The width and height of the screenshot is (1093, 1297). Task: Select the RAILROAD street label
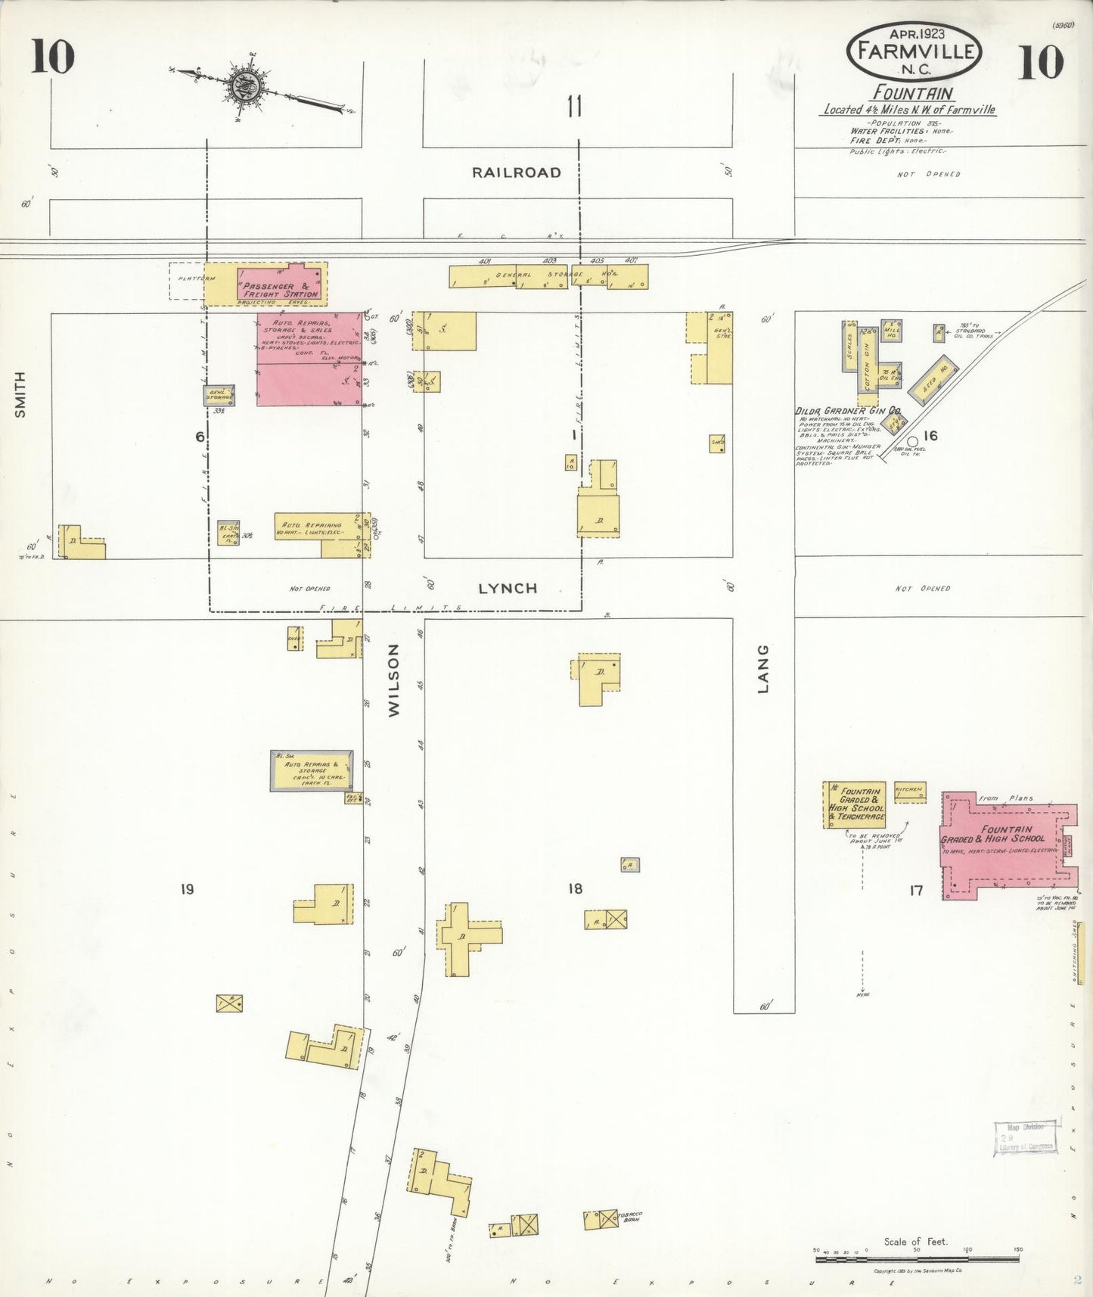pyautogui.click(x=517, y=173)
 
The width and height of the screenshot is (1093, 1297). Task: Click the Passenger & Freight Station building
pyautogui.click(x=281, y=285)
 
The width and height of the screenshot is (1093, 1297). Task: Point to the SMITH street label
pyautogui.click(x=20, y=394)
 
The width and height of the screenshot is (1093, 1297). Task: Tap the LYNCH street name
pyautogui.click(x=508, y=588)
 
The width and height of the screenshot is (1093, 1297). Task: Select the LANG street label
pyautogui.click(x=763, y=668)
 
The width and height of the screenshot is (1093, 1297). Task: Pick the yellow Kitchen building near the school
pyautogui.click(x=909, y=792)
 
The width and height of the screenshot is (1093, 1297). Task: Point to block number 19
pyautogui.click(x=187, y=889)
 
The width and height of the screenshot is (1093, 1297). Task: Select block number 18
pyautogui.click(x=576, y=888)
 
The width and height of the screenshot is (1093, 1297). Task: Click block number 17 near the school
pyautogui.click(x=916, y=891)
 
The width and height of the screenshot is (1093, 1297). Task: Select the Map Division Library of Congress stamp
pyautogui.click(x=1024, y=1137)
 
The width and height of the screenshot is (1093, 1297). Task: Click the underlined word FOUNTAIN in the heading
pyautogui.click(x=913, y=93)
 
